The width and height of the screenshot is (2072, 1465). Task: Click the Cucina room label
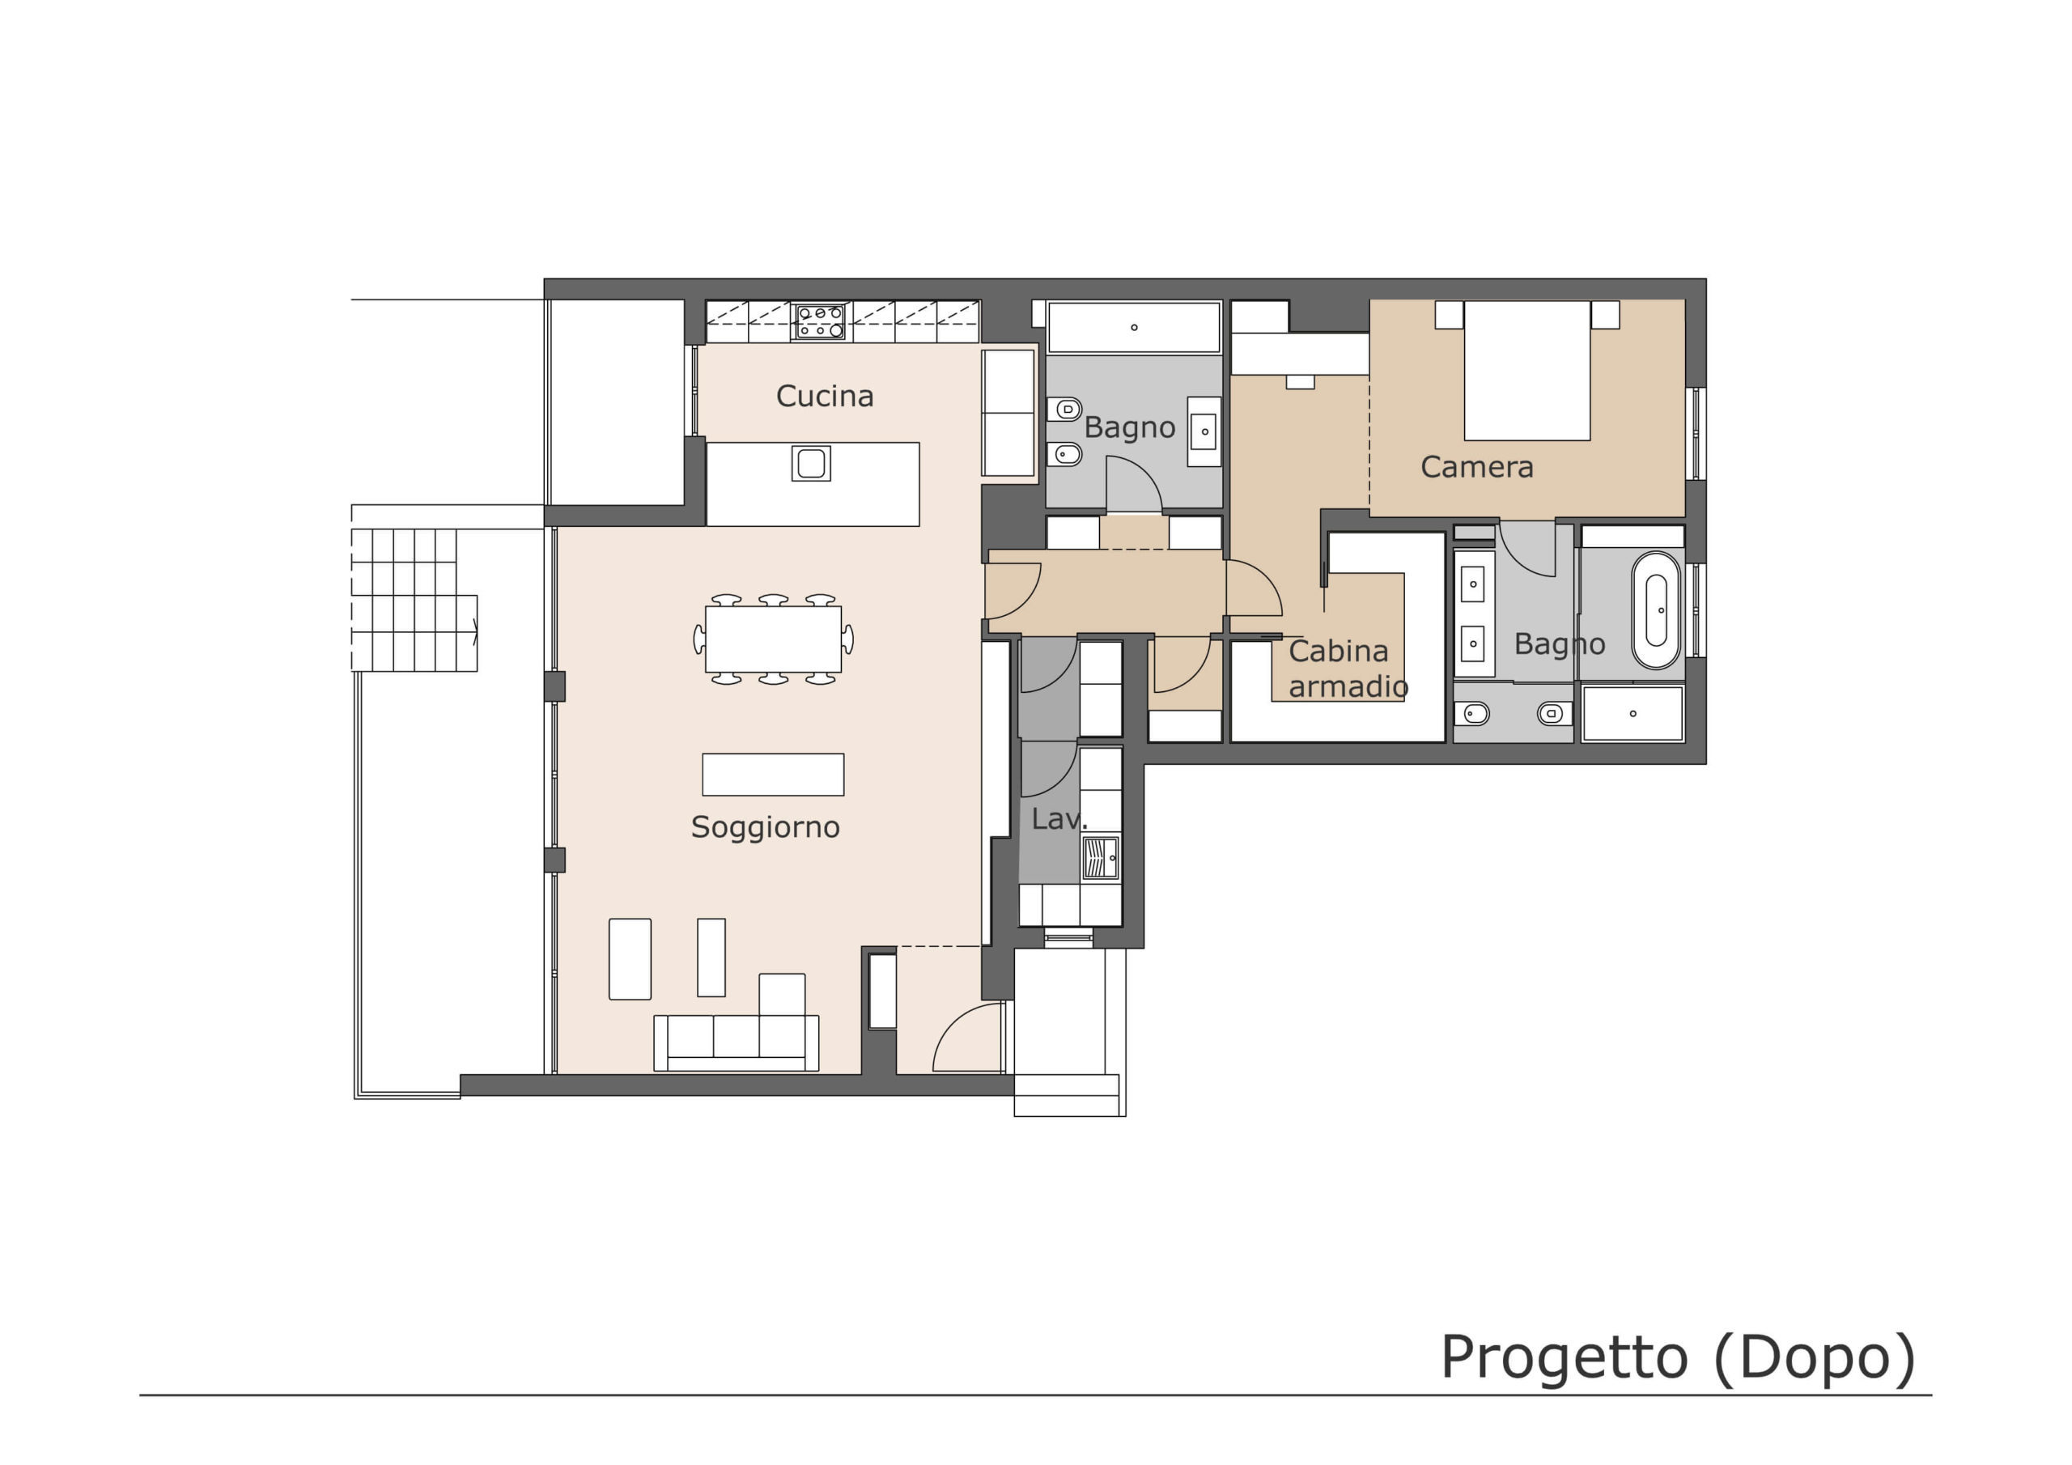point(824,397)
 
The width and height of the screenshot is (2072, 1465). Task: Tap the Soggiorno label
point(766,828)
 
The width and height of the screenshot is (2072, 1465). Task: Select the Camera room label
point(1476,467)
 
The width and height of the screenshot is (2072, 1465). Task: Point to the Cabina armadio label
point(1348,668)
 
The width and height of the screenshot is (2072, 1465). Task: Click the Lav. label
point(1059,819)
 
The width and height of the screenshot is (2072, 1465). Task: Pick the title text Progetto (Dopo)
point(1678,1357)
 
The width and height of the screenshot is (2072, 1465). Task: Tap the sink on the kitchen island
point(810,463)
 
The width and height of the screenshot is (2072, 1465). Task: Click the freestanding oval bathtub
point(1656,610)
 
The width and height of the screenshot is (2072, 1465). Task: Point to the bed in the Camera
point(1527,370)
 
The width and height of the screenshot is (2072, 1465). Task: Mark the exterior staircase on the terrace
point(414,600)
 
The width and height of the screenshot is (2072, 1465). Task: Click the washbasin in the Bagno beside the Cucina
point(1204,431)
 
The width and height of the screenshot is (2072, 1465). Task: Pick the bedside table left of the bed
point(1449,314)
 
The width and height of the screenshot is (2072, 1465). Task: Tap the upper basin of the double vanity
point(1473,584)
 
